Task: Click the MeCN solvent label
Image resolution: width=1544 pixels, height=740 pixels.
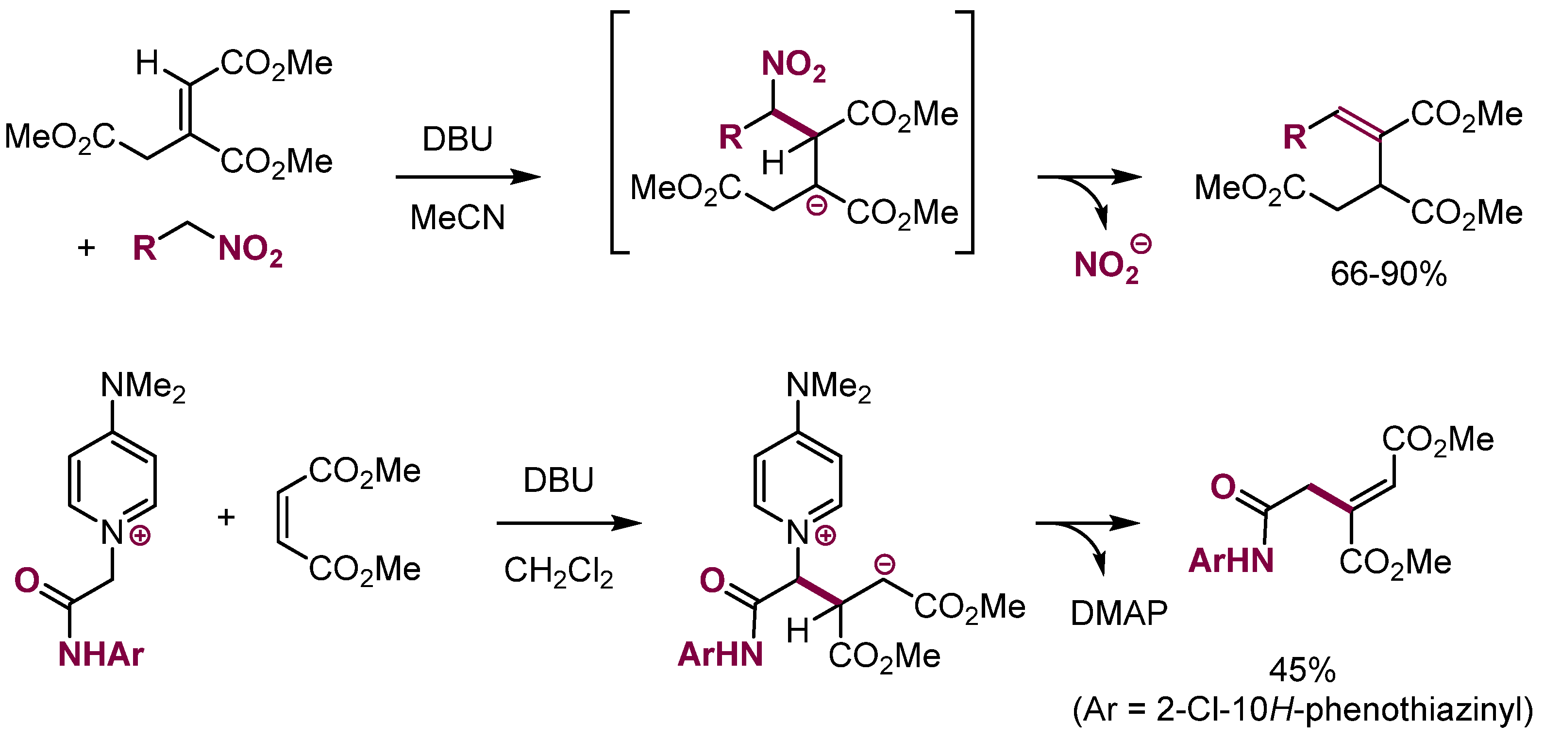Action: coord(457,217)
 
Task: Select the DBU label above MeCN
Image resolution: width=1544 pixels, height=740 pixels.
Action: coord(457,139)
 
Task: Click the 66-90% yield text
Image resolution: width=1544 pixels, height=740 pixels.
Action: coord(1388,274)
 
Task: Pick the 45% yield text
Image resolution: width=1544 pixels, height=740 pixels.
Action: coord(1302,670)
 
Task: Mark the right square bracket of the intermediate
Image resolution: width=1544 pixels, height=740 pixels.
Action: coord(967,132)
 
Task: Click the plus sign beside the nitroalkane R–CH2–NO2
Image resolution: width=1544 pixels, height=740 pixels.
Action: coord(86,248)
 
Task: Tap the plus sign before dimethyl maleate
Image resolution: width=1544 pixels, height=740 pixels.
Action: coord(226,517)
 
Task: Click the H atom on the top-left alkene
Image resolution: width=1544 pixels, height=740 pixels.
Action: coord(147,63)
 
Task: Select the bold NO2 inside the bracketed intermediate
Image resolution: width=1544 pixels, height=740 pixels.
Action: coord(793,65)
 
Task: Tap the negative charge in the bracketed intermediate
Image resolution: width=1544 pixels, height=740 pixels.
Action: coord(816,205)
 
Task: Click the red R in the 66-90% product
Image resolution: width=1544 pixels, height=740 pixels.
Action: coord(1294,137)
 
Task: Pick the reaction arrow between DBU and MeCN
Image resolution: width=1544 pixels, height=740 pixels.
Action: coord(468,177)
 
